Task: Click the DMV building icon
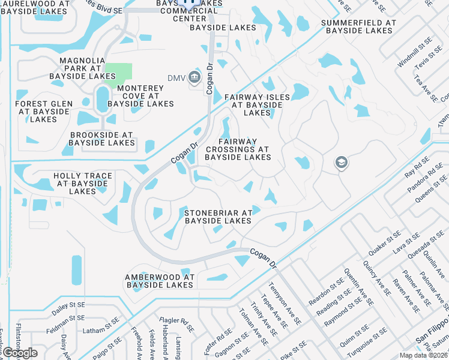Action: [194, 77]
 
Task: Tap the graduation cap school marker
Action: [342, 162]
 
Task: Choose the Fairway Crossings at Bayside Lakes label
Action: [237, 149]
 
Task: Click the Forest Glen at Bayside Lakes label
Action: [43, 112]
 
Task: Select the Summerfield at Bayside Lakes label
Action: [358, 26]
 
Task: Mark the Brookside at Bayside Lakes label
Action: [101, 139]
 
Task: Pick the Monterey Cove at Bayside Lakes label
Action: [141, 96]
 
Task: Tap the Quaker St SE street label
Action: [384, 240]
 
